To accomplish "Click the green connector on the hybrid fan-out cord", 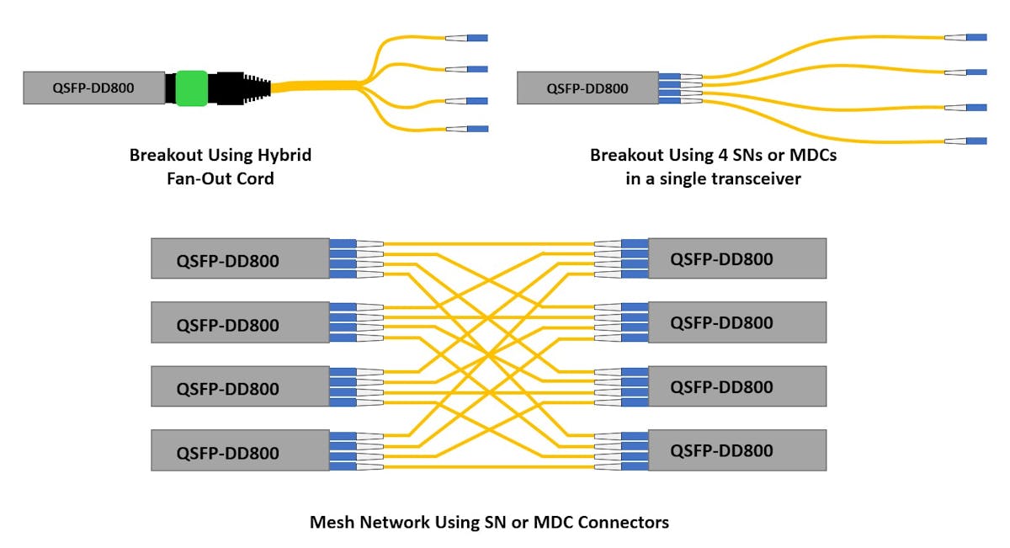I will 192,88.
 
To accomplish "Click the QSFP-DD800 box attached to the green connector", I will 93,88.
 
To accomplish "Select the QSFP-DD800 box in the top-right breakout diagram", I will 587,88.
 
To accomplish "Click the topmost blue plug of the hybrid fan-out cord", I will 476,38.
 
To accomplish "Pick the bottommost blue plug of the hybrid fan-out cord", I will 476,129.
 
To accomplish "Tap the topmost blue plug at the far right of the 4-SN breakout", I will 976,37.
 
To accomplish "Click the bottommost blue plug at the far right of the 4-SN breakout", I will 976,141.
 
